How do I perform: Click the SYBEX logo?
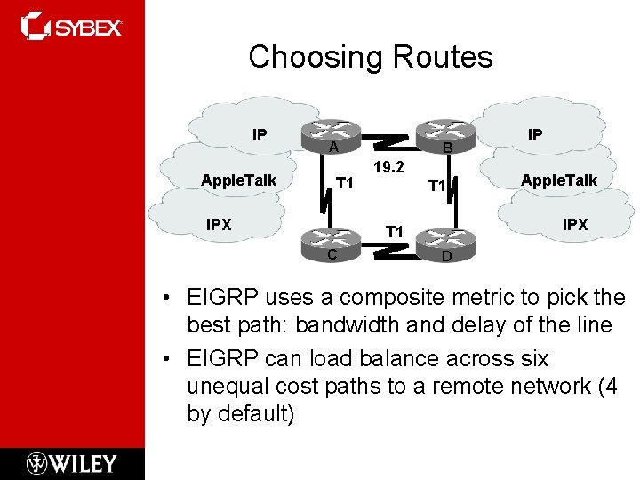(x=72, y=27)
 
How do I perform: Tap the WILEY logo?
(x=72, y=463)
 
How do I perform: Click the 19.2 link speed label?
(x=389, y=167)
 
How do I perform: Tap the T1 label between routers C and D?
(x=394, y=232)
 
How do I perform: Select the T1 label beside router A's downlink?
(x=345, y=184)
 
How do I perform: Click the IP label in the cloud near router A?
(x=259, y=135)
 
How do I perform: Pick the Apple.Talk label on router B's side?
(x=559, y=180)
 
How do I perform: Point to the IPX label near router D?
(x=575, y=225)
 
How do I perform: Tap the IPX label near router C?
(x=219, y=225)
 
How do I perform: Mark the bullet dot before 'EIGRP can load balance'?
(x=166, y=359)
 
